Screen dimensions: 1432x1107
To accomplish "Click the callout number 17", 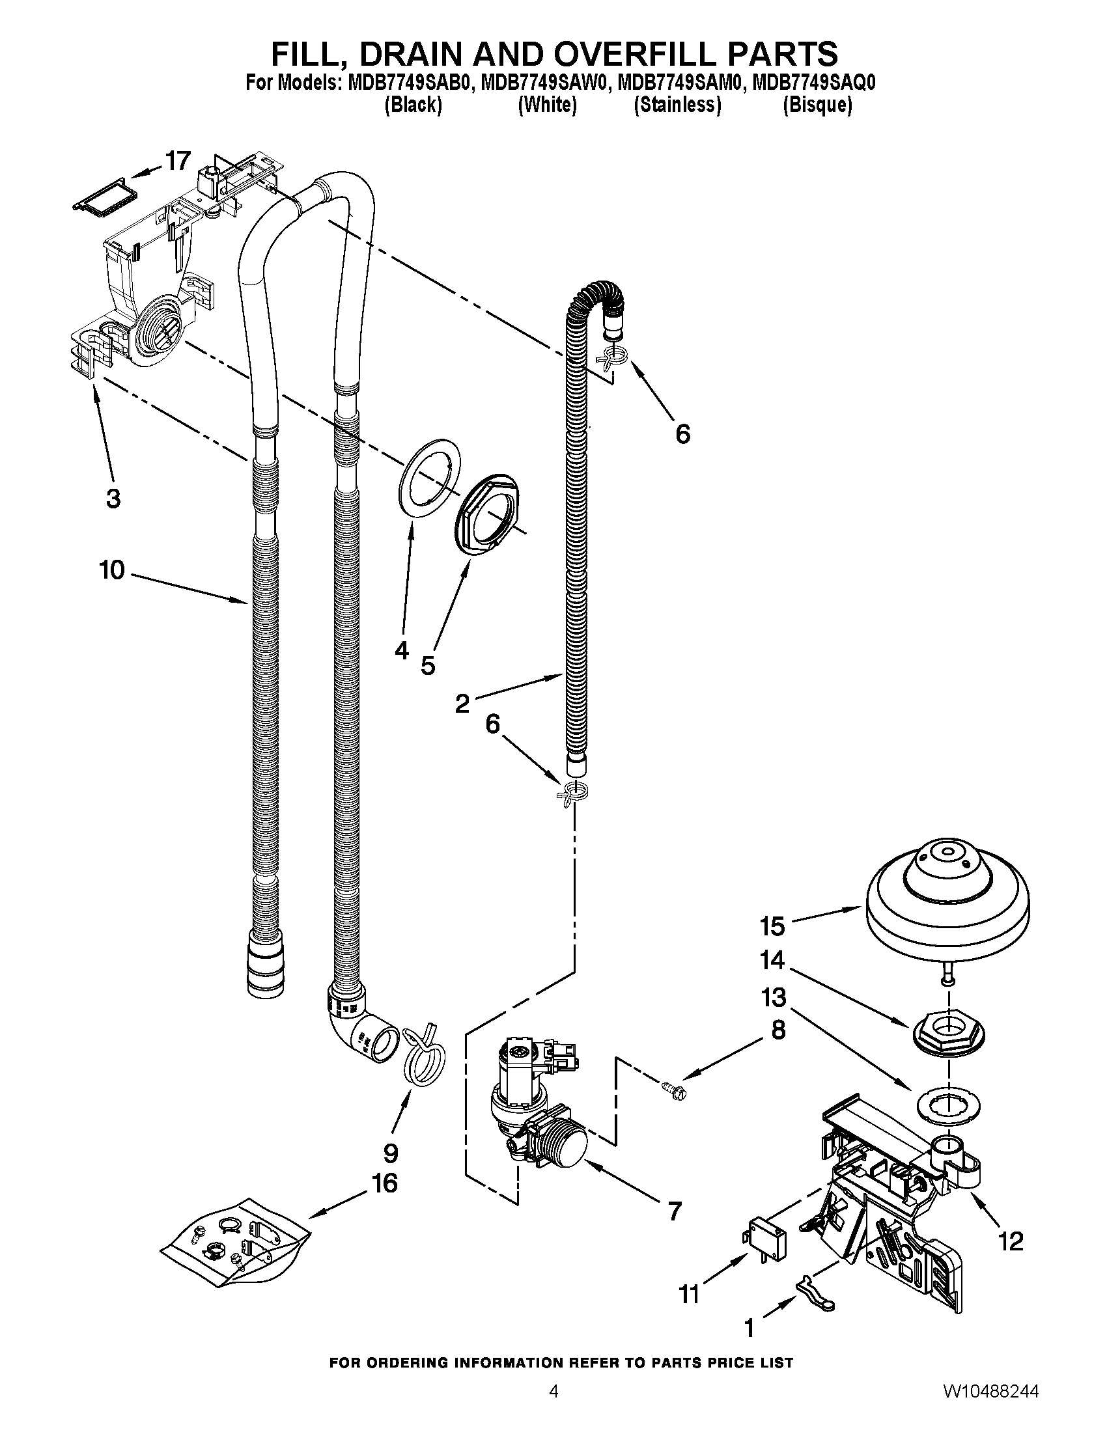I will point(177,160).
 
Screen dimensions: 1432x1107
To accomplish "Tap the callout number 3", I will point(113,499).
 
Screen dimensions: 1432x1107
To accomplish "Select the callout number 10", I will point(112,570).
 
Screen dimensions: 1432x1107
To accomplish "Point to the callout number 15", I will point(772,926).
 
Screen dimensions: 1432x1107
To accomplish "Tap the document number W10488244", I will point(992,1408).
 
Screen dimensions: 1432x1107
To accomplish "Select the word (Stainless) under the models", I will point(677,105).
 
